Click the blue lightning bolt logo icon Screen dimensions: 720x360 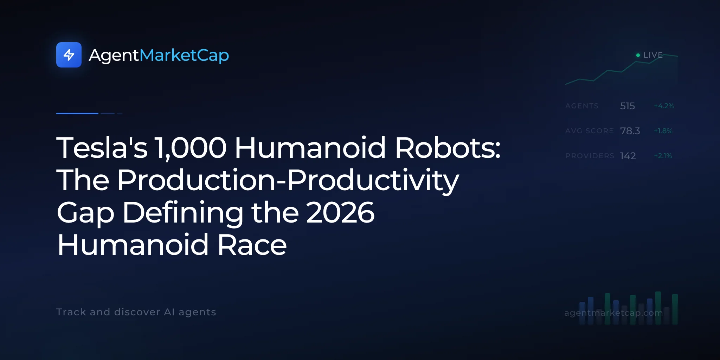pyautogui.click(x=69, y=55)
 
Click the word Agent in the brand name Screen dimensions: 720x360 pyautogui.click(x=114, y=56)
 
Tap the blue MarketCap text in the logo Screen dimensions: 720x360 pyautogui.click(x=184, y=55)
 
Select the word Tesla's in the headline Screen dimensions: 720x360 pyautogui.click(x=102, y=148)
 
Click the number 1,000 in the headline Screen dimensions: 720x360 pyautogui.click(x=191, y=148)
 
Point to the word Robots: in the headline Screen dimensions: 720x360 pyautogui.click(x=448, y=148)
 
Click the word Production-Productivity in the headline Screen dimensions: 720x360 pyautogui.click(x=288, y=180)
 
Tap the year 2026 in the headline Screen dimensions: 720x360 pyautogui.click(x=340, y=212)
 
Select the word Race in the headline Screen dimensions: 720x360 pyautogui.click(x=252, y=245)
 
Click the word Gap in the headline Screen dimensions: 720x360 pyautogui.click(x=85, y=214)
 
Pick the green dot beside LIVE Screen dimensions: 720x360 pyautogui.click(x=638, y=55)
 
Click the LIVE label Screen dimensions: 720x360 pyautogui.click(x=653, y=55)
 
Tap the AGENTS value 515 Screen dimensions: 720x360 pyautogui.click(x=628, y=106)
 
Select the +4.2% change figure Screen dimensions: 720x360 pyautogui.click(x=664, y=106)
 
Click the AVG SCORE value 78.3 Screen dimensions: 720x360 pyautogui.click(x=630, y=131)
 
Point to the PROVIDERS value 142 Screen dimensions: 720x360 pyautogui.click(x=628, y=156)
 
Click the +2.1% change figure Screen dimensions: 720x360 pyautogui.click(x=663, y=156)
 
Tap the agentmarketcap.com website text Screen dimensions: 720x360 pyautogui.click(x=613, y=313)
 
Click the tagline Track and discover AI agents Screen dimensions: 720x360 pyautogui.click(x=136, y=312)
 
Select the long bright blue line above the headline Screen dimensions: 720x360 pyautogui.click(x=77, y=114)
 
